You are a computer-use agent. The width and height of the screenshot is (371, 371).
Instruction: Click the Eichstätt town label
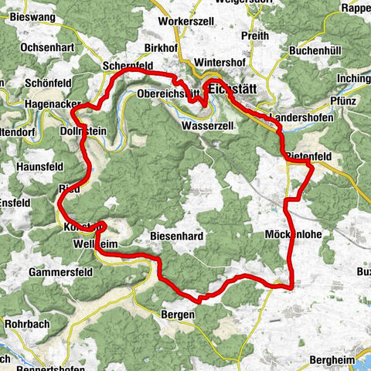232,89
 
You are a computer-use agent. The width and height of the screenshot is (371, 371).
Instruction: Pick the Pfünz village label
341,100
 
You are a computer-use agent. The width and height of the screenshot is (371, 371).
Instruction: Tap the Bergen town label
177,315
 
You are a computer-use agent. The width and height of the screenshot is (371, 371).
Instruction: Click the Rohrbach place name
28,325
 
